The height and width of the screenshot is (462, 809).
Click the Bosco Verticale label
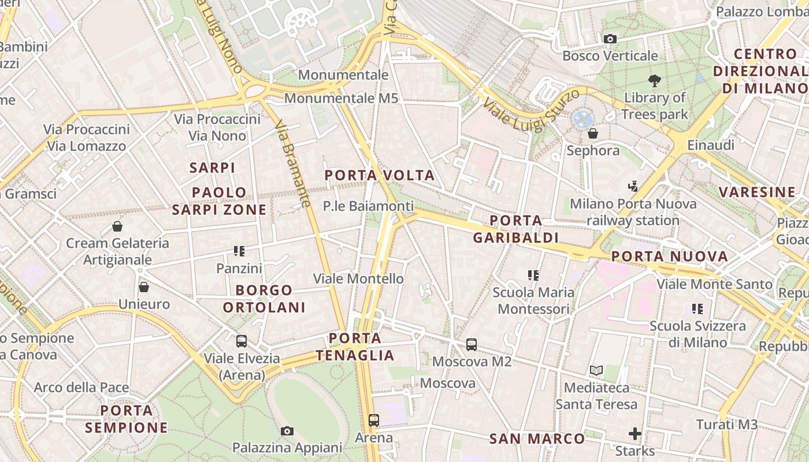click(610, 56)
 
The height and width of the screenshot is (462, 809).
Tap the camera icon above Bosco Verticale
click(610, 39)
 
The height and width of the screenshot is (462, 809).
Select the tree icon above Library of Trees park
click(654, 81)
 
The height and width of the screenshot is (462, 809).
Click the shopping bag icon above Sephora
click(593, 133)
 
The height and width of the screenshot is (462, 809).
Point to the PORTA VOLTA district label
click(379, 176)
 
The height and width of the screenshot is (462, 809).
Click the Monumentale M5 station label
click(341, 98)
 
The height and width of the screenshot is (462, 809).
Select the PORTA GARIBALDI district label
click(515, 229)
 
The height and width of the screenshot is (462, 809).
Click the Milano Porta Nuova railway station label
click(633, 212)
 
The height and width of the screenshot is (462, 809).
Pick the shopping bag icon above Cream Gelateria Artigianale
click(117, 226)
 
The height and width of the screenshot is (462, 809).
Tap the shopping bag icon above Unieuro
click(144, 287)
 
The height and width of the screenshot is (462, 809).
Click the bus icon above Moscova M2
click(472, 345)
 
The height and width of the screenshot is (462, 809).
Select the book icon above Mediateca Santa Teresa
click(596, 370)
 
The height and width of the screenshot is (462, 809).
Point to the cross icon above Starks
click(635, 434)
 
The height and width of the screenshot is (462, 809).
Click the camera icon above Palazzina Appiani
click(287, 431)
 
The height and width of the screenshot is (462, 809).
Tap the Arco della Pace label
click(81, 388)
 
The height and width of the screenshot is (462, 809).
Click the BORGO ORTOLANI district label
click(265, 299)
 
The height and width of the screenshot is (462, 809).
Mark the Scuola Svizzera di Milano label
click(697, 334)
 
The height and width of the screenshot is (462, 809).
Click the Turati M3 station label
click(726, 424)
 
